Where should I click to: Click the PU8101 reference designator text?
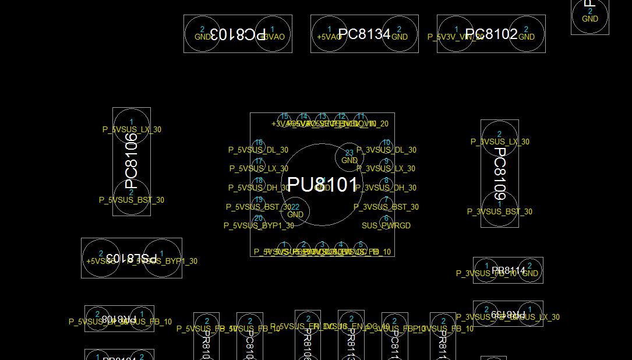click(322, 185)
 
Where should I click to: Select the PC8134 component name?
click(364, 34)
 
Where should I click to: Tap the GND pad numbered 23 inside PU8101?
click(349, 157)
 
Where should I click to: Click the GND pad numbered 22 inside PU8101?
click(295, 211)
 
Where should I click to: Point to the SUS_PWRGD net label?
click(386, 225)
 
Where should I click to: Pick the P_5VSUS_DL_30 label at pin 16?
click(258, 150)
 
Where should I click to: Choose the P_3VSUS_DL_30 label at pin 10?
click(386, 150)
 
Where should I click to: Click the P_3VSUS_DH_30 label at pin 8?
click(386, 188)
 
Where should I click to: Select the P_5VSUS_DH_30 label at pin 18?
click(259, 188)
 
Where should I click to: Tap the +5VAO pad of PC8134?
click(329, 34)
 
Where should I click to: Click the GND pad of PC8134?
click(399, 34)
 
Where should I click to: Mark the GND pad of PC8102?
click(526, 34)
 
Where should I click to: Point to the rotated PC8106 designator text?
click(132, 157)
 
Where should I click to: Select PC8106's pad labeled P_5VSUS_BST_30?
click(132, 197)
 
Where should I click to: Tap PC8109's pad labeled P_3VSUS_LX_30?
click(499, 139)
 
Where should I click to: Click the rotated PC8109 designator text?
click(500, 173)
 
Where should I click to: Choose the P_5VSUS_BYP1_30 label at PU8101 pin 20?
click(259, 225)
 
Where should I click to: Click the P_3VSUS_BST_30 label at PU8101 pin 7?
click(386, 207)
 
